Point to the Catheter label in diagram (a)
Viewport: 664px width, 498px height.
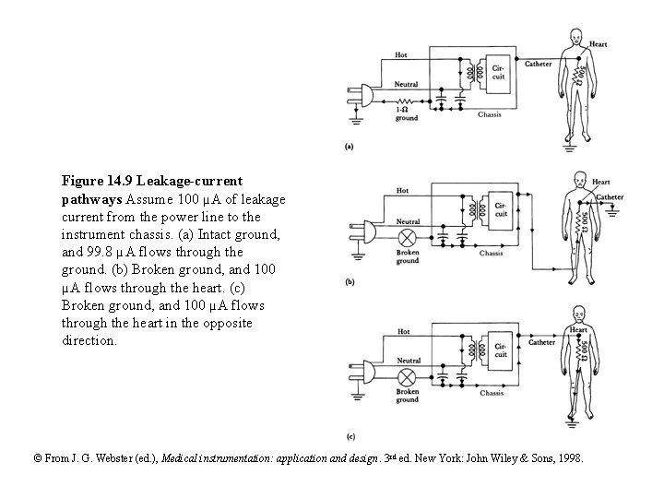pos(539,64)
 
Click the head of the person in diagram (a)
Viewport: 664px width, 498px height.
pos(576,37)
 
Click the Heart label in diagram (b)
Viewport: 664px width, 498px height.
pos(600,182)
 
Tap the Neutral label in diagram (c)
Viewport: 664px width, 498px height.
pos(407,361)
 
